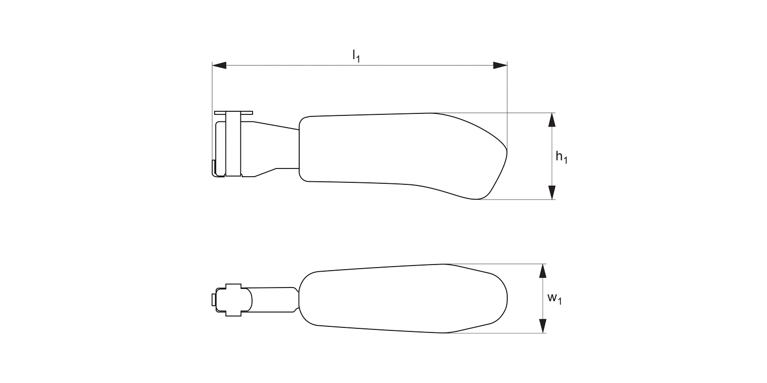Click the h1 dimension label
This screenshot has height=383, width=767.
(x=561, y=158)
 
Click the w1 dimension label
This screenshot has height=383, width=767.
(x=554, y=299)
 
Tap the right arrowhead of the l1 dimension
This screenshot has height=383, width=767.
(x=500, y=65)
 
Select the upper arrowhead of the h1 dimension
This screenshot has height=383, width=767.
(x=551, y=119)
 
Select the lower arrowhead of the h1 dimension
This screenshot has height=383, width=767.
(x=551, y=193)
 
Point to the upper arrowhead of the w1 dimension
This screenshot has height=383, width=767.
(x=543, y=271)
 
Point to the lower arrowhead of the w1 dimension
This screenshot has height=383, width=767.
(x=543, y=326)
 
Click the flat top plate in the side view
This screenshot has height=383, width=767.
(x=233, y=112)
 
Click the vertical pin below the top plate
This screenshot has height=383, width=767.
(x=233, y=145)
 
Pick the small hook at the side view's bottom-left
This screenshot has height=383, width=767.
(x=214, y=168)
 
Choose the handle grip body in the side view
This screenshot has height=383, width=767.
(x=389, y=148)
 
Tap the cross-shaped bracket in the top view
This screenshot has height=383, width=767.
(x=233, y=299)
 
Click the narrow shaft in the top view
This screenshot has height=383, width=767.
(x=274, y=299)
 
